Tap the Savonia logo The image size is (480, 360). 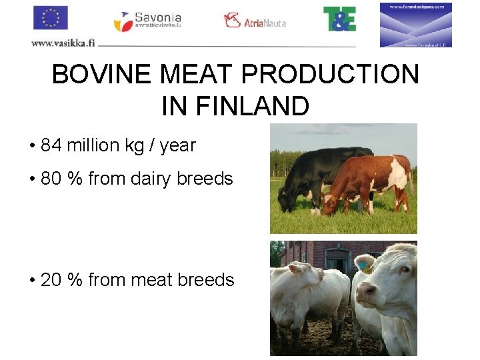[x=147, y=21]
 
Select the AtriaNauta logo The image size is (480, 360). [x=255, y=21]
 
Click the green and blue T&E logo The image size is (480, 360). [x=339, y=19]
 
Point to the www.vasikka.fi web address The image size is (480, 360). [x=63, y=43]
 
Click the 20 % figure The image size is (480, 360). [x=62, y=280]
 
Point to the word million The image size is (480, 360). [x=93, y=145]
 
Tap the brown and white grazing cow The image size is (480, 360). [x=370, y=180]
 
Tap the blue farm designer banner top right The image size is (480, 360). [x=416, y=25]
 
